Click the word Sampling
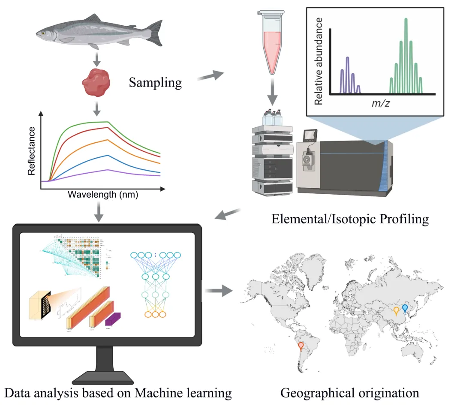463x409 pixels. click(155, 82)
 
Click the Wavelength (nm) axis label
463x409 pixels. click(103, 194)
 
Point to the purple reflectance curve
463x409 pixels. click(107, 171)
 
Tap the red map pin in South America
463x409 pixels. click(301, 345)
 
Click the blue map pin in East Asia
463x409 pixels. click(405, 308)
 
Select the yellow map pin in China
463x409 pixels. click(397, 311)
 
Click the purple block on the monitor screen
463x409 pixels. click(114, 319)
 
